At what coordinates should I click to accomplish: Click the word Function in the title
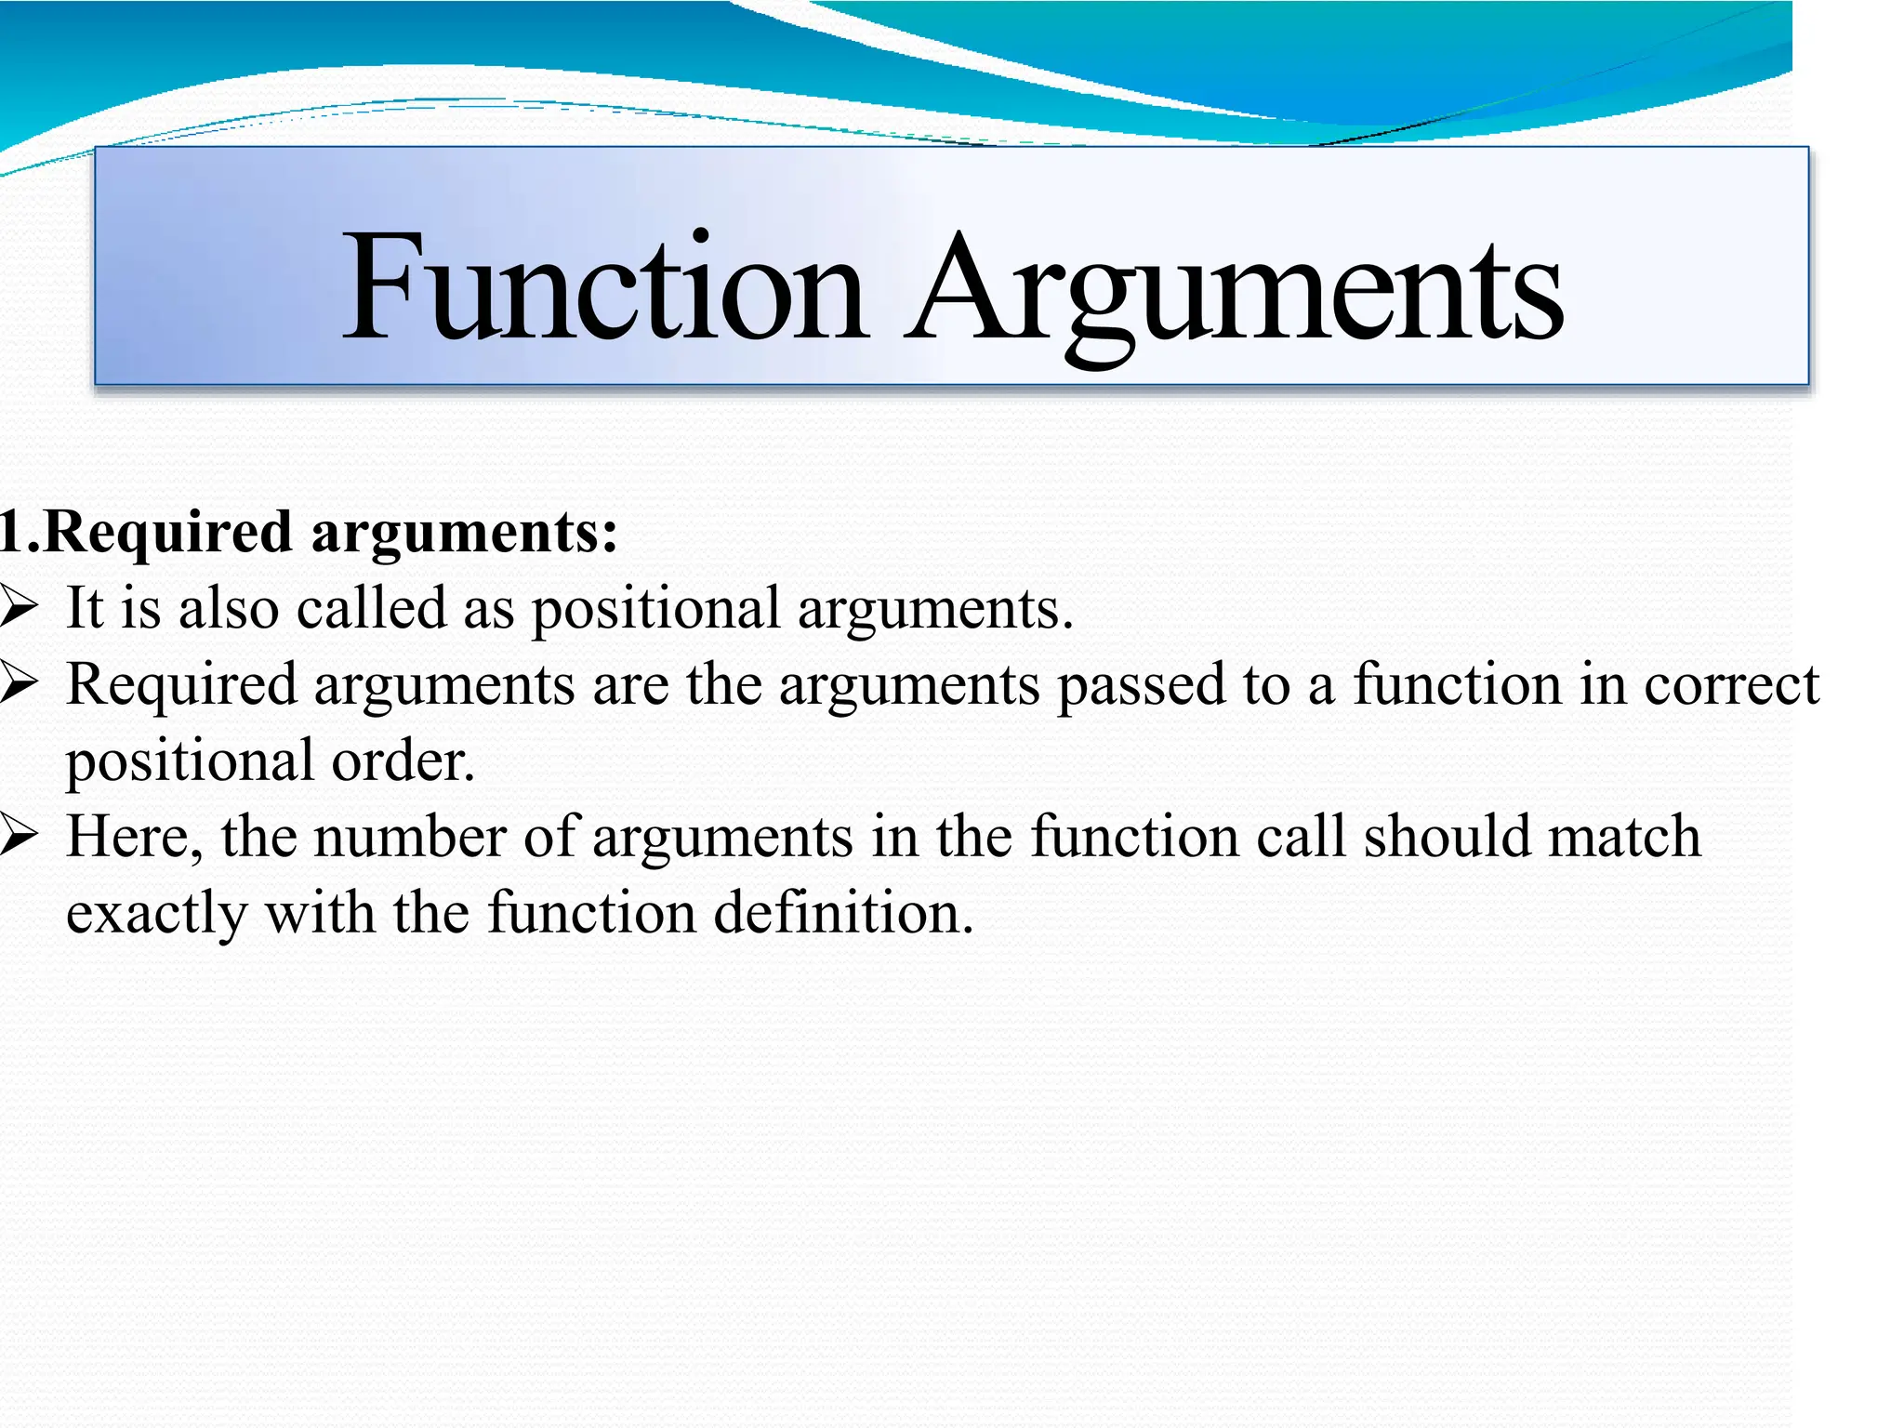tap(605, 288)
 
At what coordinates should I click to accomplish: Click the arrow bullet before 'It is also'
tap(18, 608)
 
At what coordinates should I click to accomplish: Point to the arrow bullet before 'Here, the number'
tap(18, 837)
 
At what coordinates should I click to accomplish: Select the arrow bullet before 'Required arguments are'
tap(18, 684)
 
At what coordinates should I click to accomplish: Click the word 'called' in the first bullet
tap(372, 608)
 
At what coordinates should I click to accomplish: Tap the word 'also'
tap(229, 608)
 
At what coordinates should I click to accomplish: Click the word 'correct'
tap(1731, 686)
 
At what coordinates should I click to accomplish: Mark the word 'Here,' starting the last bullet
tap(135, 837)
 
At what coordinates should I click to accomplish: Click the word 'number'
tap(410, 837)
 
